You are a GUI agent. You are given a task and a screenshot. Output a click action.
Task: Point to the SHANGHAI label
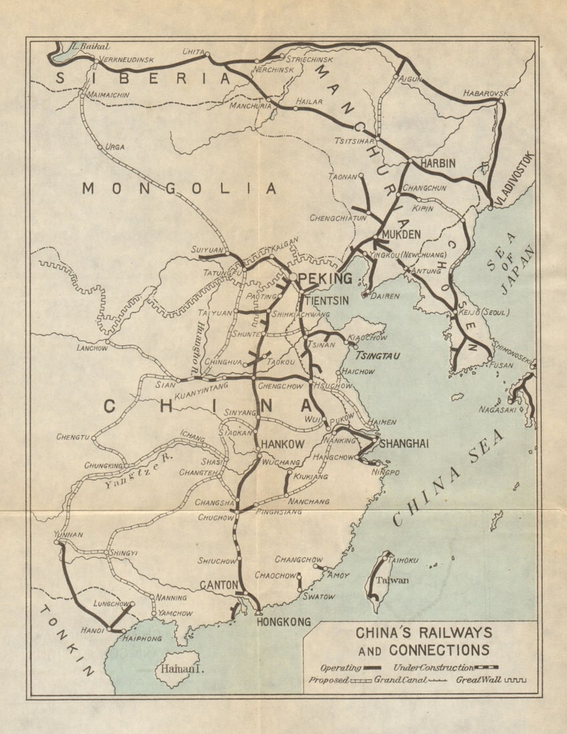[x=404, y=444]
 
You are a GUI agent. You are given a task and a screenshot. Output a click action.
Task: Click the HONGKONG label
[x=283, y=622]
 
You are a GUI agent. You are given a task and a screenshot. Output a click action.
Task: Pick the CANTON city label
[x=219, y=585]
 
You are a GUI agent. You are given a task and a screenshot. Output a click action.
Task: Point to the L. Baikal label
[x=85, y=47]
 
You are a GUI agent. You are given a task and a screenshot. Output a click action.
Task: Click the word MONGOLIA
[x=179, y=189]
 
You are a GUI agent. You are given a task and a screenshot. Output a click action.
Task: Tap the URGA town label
[x=115, y=147]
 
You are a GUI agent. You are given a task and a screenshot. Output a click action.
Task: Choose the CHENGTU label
[x=73, y=438]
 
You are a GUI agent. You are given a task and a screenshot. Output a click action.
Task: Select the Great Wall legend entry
[x=478, y=680]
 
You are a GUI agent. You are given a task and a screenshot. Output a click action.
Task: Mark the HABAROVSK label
[x=486, y=93]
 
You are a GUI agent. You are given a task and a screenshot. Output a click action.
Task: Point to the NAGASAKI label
[x=497, y=410]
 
